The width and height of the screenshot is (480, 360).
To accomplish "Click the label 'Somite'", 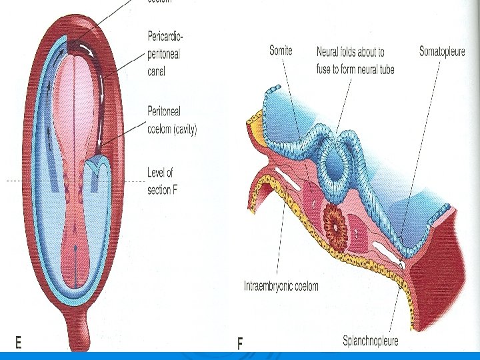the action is pyautogui.click(x=281, y=50).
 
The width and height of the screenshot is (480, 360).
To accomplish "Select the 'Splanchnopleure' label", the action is pyautogui.click(x=371, y=341).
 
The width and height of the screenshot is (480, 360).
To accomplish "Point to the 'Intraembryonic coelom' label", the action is pyautogui.click(x=281, y=287).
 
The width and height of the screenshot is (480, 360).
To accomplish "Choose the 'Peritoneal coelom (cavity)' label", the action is pyautogui.click(x=172, y=121).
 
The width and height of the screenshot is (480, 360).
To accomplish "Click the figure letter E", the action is pyautogui.click(x=18, y=342).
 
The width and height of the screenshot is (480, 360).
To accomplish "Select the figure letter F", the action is pyautogui.click(x=241, y=343).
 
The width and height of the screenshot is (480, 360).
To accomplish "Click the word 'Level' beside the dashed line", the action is pyautogui.click(x=159, y=173).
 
